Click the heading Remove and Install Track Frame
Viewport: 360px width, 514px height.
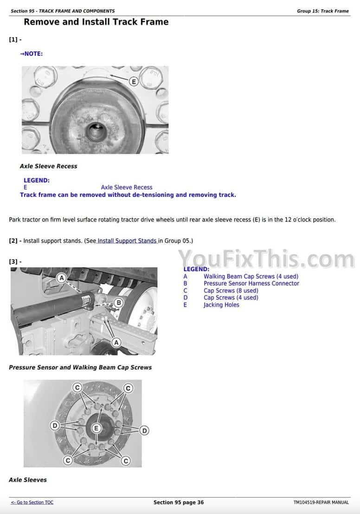pyautogui.click(x=96, y=22)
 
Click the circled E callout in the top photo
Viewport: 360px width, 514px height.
pyautogui.click(x=134, y=81)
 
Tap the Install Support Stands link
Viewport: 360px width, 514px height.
pyautogui.click(x=127, y=241)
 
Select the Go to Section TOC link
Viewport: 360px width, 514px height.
pyautogui.click(x=32, y=502)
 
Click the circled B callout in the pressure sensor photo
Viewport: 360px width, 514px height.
pyautogui.click(x=119, y=302)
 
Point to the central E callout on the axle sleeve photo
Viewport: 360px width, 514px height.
pyautogui.click(x=96, y=428)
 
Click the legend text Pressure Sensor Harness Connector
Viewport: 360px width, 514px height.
pyautogui.click(x=251, y=284)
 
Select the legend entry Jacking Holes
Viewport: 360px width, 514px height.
pyautogui.click(x=221, y=305)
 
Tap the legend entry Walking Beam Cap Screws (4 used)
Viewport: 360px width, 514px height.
pyautogui.click(x=251, y=276)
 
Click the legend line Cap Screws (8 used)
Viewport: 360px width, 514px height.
pyautogui.click(x=231, y=291)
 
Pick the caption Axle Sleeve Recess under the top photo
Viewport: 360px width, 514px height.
pyautogui.click(x=49, y=166)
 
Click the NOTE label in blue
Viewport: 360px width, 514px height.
pyautogui.click(x=32, y=54)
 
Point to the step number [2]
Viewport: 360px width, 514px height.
pyautogui.click(x=13, y=241)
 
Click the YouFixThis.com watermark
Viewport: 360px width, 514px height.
pyautogui.click(x=266, y=259)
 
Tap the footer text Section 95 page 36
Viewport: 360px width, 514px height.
pyautogui.click(x=179, y=502)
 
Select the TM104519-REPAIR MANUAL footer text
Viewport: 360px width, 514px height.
pyautogui.click(x=321, y=502)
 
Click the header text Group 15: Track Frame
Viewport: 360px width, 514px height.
pyautogui.click(x=323, y=11)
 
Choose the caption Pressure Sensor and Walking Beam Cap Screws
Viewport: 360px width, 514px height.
pyautogui.click(x=80, y=367)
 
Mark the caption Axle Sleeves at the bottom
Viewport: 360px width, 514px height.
pyautogui.click(x=28, y=480)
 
